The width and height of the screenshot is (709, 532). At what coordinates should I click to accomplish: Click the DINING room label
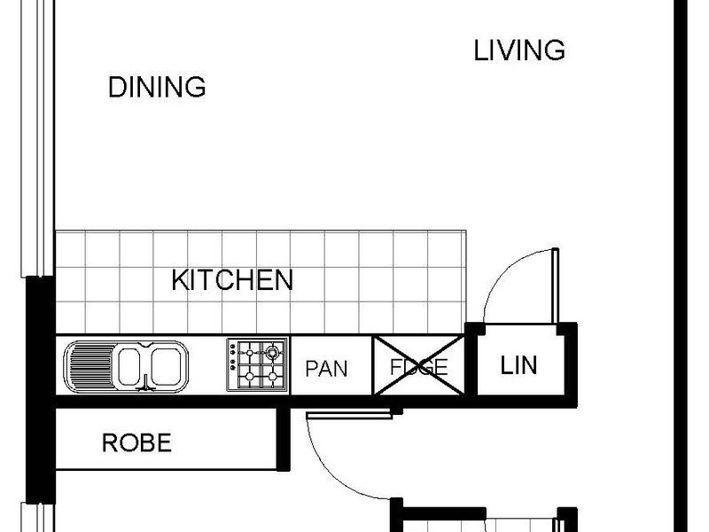coord(157,87)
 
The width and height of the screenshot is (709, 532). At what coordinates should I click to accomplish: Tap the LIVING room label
coord(519,50)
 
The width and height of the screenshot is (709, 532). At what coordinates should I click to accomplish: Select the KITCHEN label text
coord(232,280)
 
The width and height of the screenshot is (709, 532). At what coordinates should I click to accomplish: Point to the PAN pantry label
coord(326,369)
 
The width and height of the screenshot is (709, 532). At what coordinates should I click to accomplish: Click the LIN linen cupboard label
coord(518,365)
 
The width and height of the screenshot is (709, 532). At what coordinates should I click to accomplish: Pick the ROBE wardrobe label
coord(137,442)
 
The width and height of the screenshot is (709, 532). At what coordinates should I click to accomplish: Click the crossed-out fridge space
coord(418,365)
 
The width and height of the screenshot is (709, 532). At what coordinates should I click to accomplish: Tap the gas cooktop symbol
coord(257,364)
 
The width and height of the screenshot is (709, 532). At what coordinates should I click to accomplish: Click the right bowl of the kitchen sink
coord(167,365)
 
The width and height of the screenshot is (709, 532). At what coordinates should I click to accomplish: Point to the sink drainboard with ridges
coord(91,366)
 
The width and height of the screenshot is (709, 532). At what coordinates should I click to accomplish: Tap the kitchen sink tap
coord(145,383)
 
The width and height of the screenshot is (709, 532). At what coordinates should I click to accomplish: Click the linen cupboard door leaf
coord(556,286)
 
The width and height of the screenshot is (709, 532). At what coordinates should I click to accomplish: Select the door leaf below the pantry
coord(349,415)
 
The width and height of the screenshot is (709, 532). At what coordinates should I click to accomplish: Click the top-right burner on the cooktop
coord(272,351)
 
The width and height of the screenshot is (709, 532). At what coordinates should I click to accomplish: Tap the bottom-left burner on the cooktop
coord(249,376)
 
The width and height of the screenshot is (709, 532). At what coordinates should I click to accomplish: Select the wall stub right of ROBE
coord(283,439)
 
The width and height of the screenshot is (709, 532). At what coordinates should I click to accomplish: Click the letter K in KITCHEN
coord(180,280)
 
